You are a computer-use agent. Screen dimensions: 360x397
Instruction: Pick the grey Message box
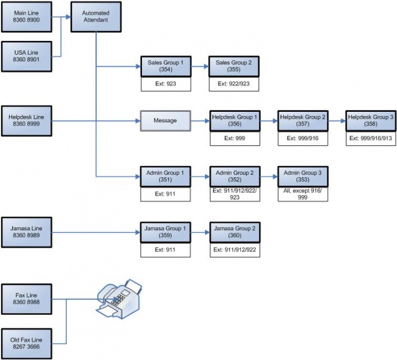click(165, 120)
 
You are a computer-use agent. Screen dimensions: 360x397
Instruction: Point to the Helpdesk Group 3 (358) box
click(371, 120)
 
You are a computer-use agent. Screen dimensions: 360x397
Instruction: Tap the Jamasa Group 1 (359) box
click(165, 232)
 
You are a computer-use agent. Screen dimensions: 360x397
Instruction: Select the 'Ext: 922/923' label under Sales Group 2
click(234, 84)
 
